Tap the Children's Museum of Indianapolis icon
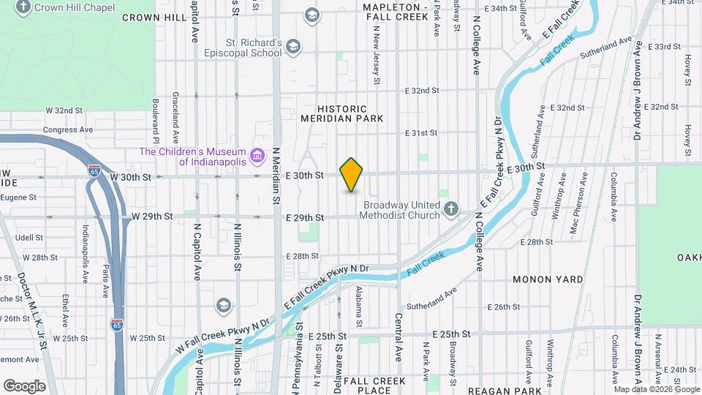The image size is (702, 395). pyautogui.click(x=257, y=156)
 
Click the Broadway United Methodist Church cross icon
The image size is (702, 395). pyautogui.click(x=452, y=210)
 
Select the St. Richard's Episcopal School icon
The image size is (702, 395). pyautogui.click(x=292, y=48)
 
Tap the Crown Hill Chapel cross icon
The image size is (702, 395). pyautogui.click(x=24, y=7)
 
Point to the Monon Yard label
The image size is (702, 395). pyautogui.click(x=548, y=279)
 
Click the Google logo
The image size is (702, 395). pyautogui.click(x=24, y=385)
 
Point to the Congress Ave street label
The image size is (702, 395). pyautogui.click(x=68, y=129)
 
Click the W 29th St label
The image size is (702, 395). pyautogui.click(x=151, y=217)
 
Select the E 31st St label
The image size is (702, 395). pyautogui.click(x=421, y=133)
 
